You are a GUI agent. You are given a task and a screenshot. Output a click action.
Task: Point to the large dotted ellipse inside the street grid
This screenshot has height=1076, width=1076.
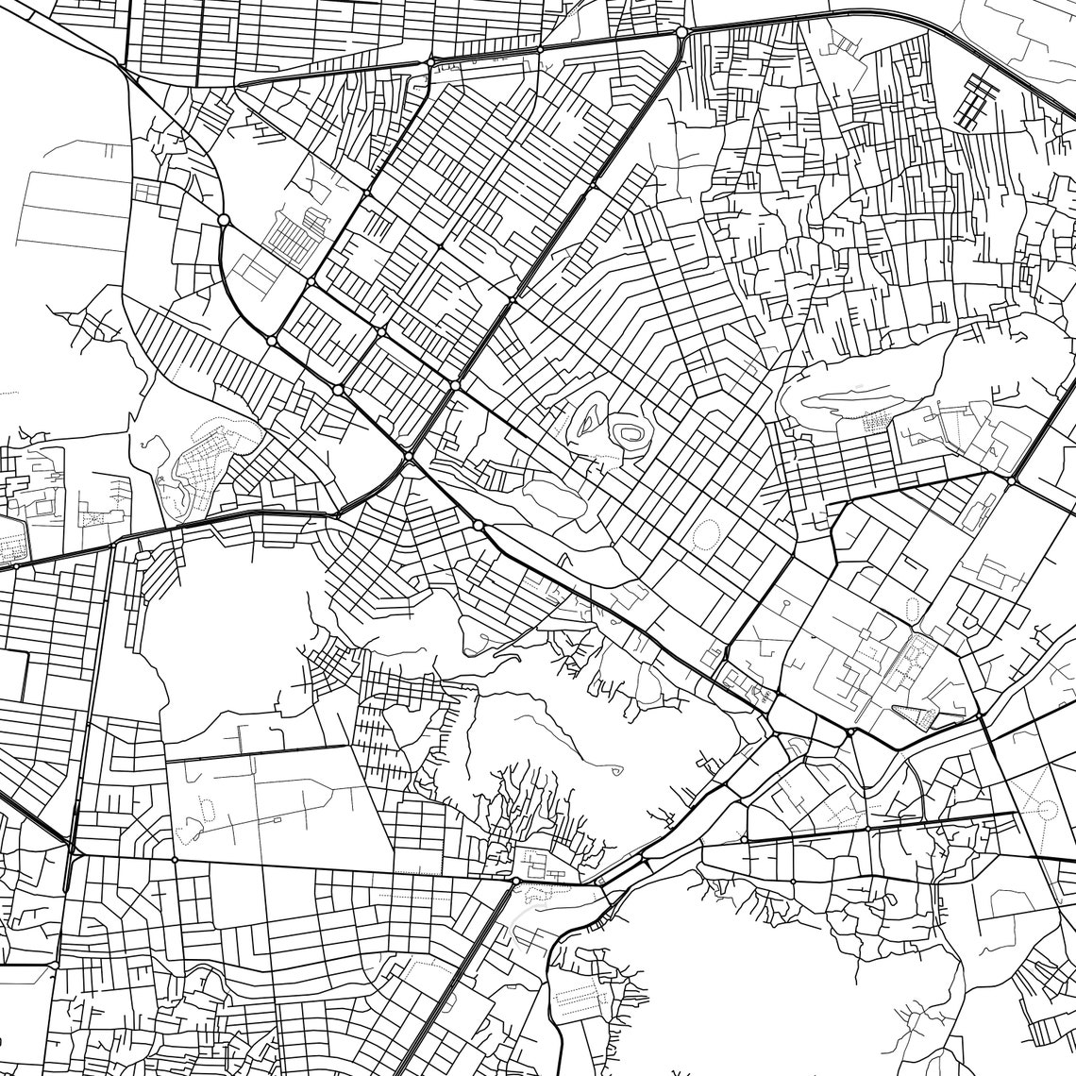pos(705,535)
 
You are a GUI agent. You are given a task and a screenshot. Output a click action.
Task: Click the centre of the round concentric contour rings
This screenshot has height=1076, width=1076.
pos(628,433)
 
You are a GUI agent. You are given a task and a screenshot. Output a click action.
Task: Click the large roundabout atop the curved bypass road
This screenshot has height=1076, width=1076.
pos(224,220)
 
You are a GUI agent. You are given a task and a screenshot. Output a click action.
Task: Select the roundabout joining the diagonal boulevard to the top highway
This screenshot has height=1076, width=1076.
pos(681,32)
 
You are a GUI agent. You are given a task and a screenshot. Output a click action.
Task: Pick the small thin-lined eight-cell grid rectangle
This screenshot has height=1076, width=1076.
pos(147,192)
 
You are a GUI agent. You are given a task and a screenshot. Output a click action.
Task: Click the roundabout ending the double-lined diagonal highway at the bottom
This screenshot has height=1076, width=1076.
pos(515,881)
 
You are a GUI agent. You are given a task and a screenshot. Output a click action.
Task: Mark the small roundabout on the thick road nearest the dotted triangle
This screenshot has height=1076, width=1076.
pos(850,731)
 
